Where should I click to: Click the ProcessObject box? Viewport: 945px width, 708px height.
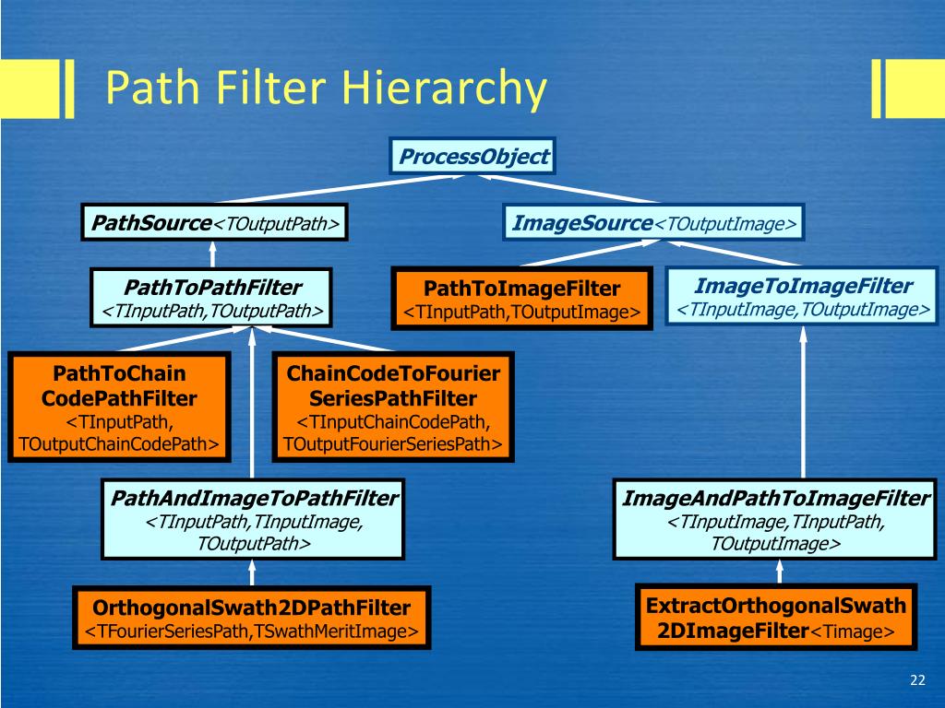(471, 157)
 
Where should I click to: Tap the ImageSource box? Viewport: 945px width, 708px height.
(654, 223)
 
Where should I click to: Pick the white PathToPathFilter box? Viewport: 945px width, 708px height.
(212, 298)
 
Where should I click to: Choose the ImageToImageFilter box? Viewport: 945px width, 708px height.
(803, 297)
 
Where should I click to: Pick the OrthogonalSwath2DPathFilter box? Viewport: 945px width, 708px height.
(252, 618)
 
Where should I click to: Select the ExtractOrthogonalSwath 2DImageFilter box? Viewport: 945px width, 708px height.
(776, 618)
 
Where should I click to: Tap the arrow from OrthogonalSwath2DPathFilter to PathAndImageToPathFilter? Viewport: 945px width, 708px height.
(252, 574)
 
